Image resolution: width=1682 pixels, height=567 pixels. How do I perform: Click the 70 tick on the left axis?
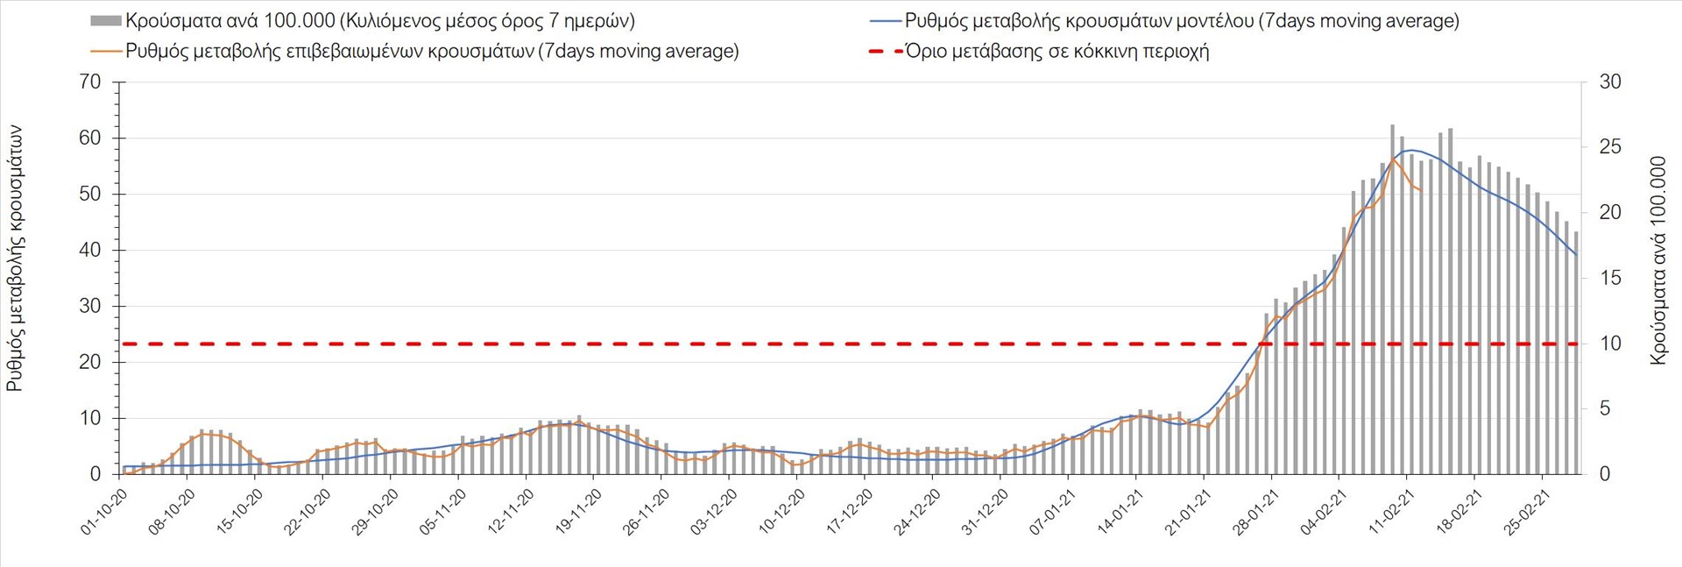[90, 82]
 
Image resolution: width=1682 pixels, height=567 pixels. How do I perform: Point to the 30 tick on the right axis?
[1610, 82]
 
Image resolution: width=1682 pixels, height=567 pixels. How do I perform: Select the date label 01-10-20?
[105, 512]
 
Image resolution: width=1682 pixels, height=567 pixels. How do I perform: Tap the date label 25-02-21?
[1526, 512]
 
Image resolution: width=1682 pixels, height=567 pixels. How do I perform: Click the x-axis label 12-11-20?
[512, 512]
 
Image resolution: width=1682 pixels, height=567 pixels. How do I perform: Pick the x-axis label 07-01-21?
[1052, 512]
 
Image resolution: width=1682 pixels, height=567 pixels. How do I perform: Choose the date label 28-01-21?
[1255, 512]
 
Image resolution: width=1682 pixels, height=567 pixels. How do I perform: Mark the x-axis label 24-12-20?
[916, 512]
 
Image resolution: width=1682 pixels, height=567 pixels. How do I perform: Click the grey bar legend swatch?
[105, 21]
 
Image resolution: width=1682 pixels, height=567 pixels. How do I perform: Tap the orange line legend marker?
[105, 51]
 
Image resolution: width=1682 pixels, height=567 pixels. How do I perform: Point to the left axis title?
[15, 259]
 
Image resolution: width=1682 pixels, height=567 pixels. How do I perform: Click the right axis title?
[1657, 260]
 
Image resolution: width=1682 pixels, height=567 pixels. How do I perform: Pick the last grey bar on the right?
[1576, 351]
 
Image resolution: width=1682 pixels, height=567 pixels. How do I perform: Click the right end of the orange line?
[1421, 190]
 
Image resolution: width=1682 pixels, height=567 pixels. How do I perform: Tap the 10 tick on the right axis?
[1610, 344]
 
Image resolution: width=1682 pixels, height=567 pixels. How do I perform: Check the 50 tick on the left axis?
[90, 195]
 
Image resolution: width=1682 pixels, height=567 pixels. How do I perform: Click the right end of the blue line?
[1577, 255]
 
